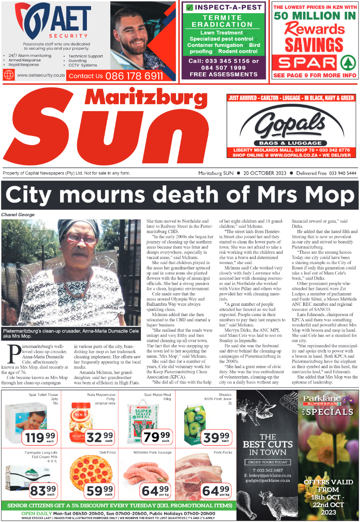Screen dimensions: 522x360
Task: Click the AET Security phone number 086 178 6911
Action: tap(134, 76)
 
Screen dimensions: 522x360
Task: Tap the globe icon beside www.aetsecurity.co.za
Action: tap(8, 75)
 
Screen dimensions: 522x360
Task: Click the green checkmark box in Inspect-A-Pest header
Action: tap(189, 8)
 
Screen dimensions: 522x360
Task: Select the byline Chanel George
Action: tap(18, 215)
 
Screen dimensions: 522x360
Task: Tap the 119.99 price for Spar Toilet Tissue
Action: tap(40, 439)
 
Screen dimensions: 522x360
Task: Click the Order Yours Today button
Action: tap(267, 462)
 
